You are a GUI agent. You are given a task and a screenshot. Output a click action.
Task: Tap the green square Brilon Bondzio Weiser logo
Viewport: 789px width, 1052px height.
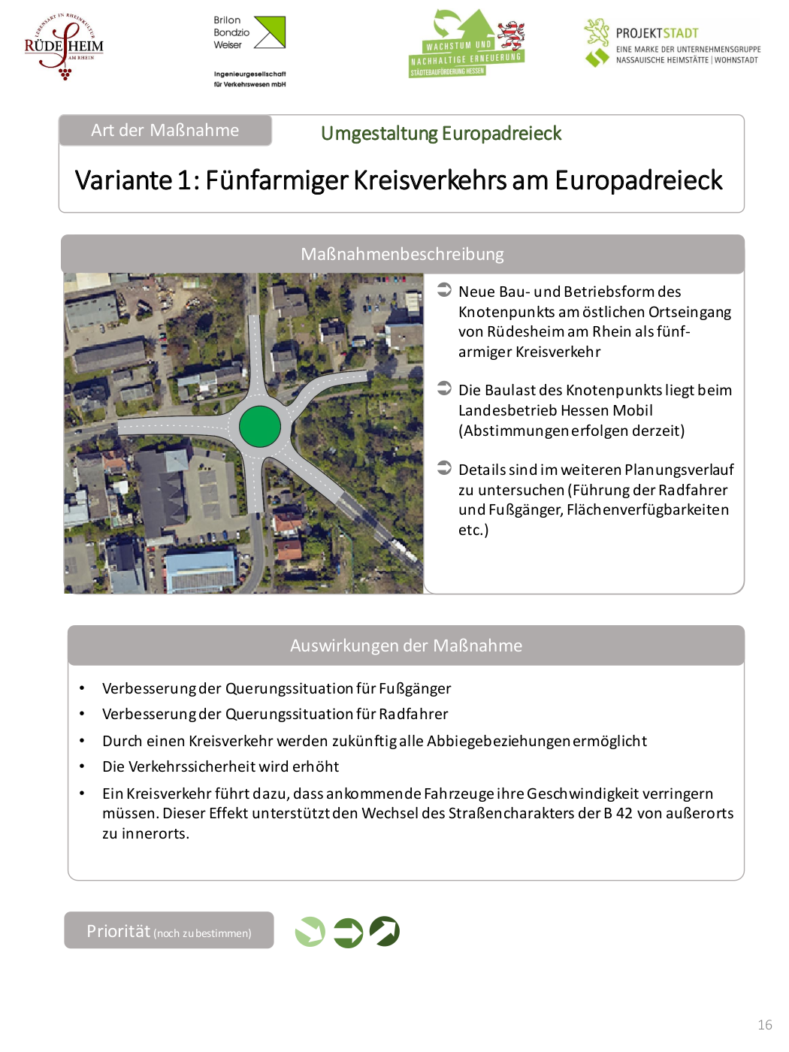[x=270, y=32]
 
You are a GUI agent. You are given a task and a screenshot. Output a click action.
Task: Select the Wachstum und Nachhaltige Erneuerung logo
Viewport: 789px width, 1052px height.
[x=467, y=44]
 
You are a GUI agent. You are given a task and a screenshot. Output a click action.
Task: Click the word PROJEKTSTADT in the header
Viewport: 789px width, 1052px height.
[x=657, y=33]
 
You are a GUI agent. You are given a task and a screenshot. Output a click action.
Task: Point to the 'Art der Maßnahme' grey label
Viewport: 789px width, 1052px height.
[x=165, y=130]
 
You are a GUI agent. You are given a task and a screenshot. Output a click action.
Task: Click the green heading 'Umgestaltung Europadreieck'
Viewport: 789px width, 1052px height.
[x=441, y=134]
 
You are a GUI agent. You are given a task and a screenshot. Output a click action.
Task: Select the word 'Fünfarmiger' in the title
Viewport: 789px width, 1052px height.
[x=276, y=180]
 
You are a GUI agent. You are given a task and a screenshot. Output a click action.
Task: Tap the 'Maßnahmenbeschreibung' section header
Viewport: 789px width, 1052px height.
[x=402, y=254]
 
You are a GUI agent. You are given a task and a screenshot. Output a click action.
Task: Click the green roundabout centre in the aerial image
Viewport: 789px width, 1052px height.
[x=260, y=426]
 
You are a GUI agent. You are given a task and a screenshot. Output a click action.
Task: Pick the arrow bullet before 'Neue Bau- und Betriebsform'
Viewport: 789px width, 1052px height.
[x=444, y=289]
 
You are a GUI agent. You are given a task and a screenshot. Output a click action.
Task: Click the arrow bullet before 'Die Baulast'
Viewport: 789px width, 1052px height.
[x=444, y=388]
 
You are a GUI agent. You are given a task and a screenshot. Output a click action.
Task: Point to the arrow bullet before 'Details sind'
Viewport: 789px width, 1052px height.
[x=444, y=467]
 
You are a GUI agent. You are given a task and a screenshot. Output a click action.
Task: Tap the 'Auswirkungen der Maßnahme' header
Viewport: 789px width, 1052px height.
[x=406, y=645]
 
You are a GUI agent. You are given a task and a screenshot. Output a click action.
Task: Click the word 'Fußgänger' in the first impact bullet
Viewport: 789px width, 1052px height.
[x=415, y=688]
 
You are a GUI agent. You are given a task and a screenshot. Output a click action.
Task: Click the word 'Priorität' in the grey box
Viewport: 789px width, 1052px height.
[x=119, y=931]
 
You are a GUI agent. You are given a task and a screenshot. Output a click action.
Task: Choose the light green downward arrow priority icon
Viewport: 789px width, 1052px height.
[x=310, y=932]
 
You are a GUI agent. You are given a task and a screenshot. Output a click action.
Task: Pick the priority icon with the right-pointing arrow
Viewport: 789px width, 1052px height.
[x=348, y=933]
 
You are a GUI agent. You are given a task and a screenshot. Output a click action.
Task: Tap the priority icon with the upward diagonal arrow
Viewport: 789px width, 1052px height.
[x=385, y=932]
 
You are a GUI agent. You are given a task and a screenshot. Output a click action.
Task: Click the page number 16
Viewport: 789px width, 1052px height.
[x=765, y=1025]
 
